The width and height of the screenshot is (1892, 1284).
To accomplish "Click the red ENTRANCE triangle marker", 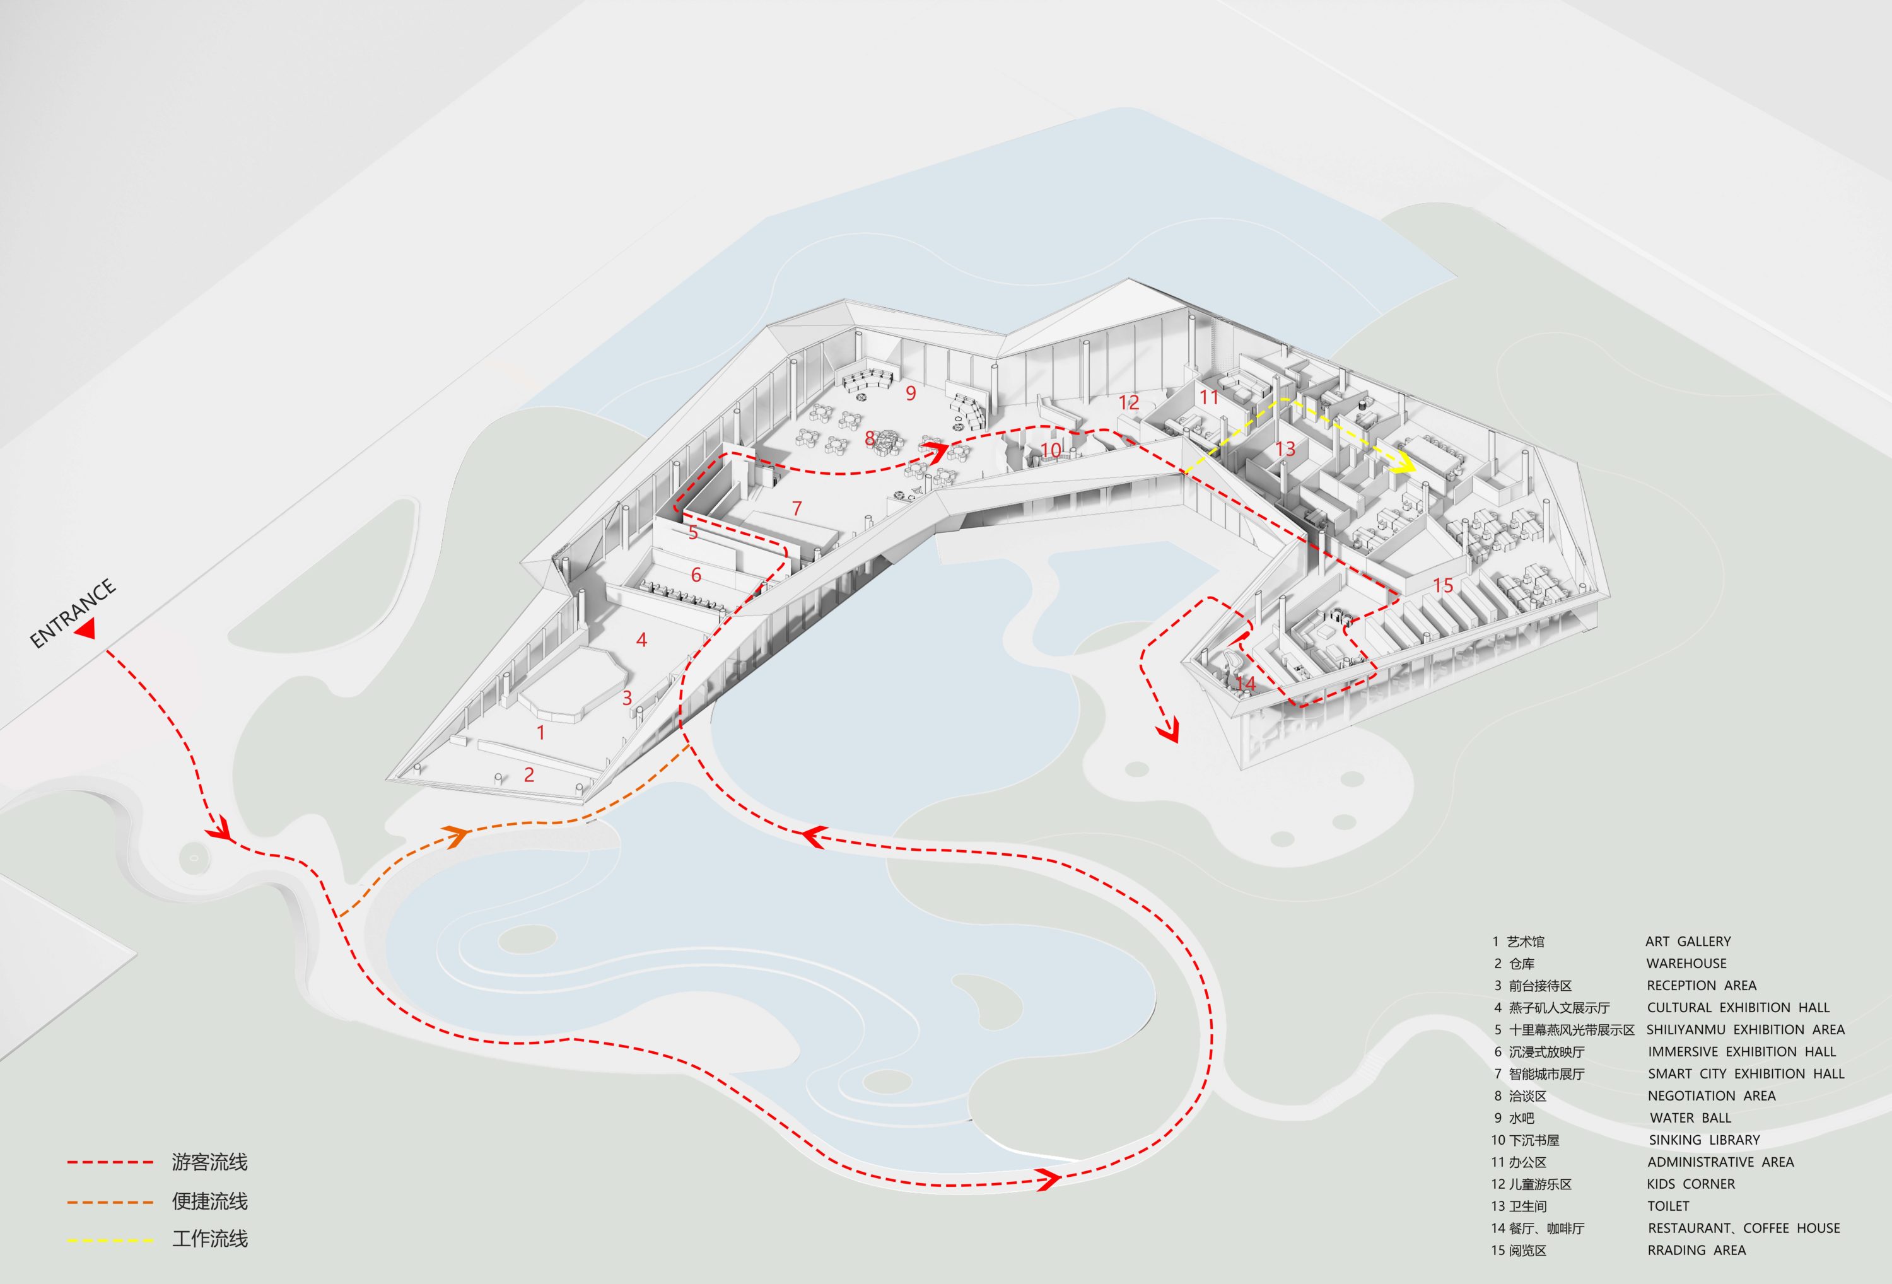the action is [x=86, y=627].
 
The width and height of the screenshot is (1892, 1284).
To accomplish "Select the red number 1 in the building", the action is [x=540, y=733].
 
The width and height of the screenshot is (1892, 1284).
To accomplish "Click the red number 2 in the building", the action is [x=529, y=774].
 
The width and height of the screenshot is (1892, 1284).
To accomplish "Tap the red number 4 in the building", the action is [x=641, y=640].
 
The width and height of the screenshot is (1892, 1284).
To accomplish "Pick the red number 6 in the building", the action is [x=696, y=575].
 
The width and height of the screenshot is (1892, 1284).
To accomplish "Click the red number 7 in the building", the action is [x=797, y=509].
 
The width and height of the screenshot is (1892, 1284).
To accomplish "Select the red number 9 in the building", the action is [x=911, y=394].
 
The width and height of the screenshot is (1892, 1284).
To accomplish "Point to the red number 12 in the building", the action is [x=1128, y=402].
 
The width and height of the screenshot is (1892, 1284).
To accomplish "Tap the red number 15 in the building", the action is [x=1444, y=585].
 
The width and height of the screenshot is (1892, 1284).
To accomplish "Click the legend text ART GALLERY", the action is [x=1688, y=941].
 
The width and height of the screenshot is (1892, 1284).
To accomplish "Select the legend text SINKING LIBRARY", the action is [x=1705, y=1140].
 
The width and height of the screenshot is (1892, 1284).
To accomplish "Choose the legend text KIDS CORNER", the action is [x=1691, y=1184].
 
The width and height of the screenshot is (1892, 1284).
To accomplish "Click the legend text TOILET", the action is [x=1668, y=1206].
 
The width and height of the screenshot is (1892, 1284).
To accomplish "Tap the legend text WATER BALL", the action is [x=1691, y=1118].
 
